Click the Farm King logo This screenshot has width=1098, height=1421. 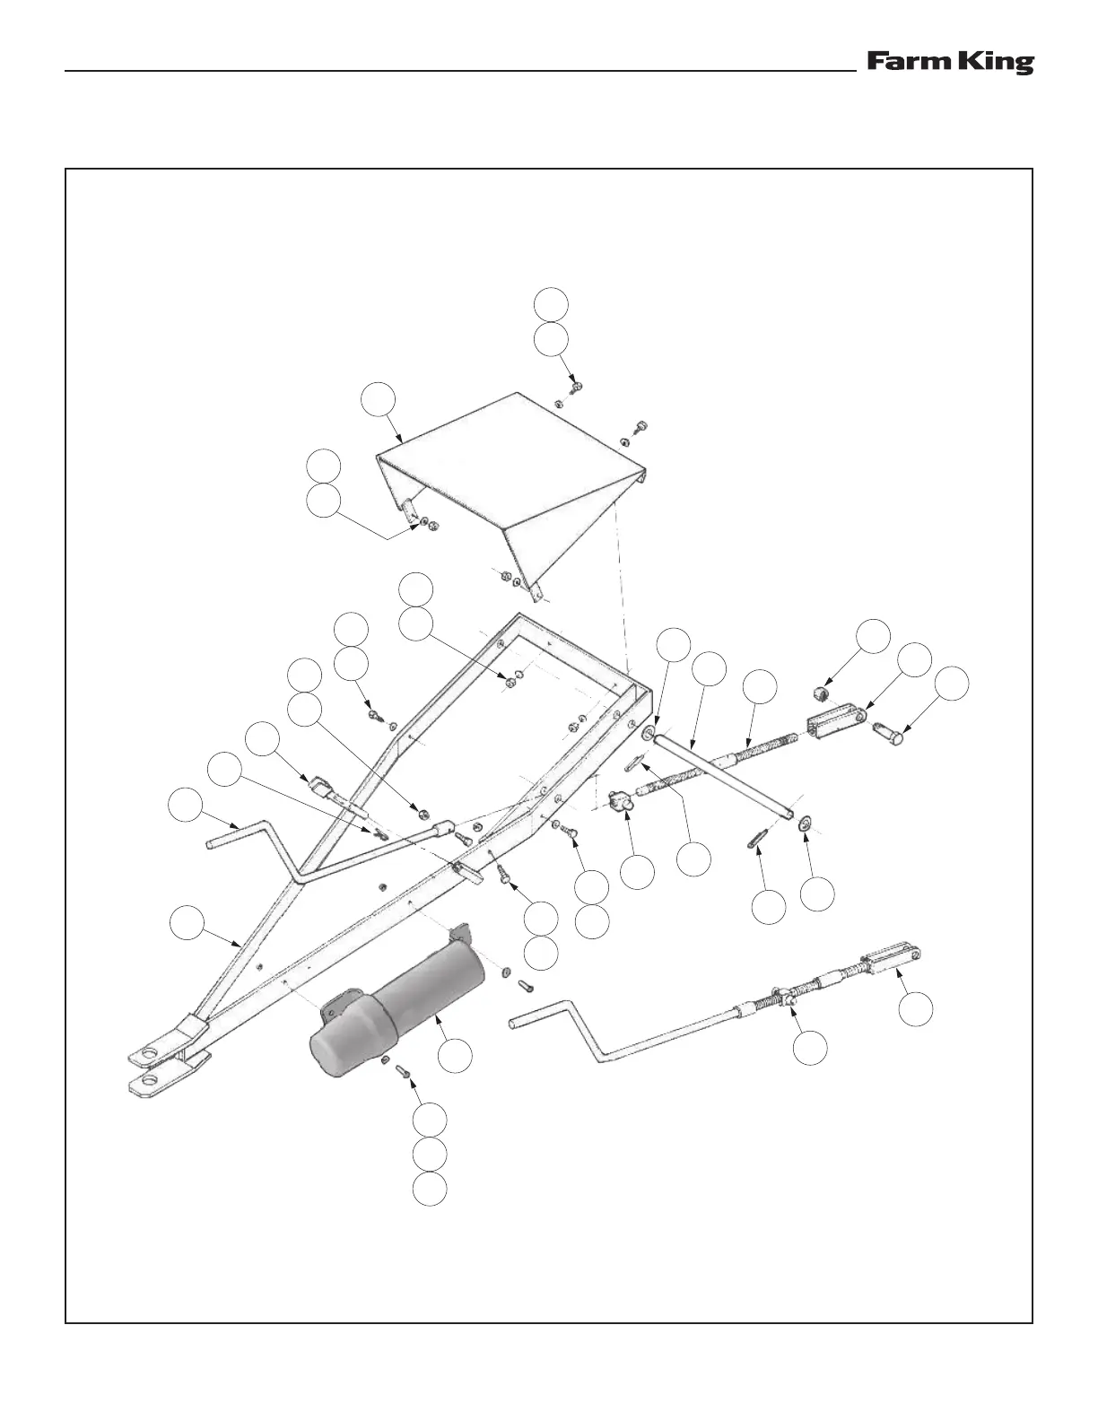(x=949, y=63)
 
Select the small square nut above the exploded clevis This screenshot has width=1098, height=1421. (x=818, y=693)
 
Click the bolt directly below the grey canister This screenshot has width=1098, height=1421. (x=403, y=1072)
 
